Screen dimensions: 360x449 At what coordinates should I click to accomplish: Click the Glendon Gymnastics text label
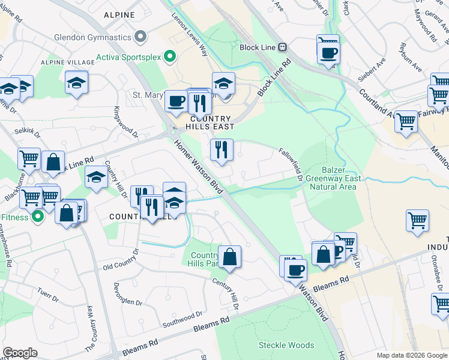click(92, 37)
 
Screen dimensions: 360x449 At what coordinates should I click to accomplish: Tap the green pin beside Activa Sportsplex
click(170, 58)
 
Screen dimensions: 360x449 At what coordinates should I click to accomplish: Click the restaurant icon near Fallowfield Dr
click(221, 149)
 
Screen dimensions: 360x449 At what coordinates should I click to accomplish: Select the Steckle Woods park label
click(286, 345)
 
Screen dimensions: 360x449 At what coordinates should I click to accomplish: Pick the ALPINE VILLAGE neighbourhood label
click(64, 62)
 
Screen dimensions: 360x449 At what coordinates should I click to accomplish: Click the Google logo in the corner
click(20, 353)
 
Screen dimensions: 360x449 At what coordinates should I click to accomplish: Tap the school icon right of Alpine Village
click(77, 83)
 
